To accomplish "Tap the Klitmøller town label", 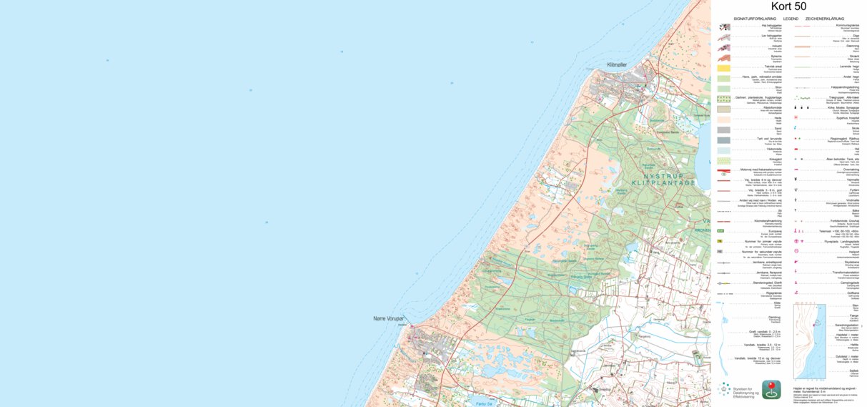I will pyautogui.click(x=616, y=65).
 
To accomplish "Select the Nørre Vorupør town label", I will pyautogui.click(x=389, y=318).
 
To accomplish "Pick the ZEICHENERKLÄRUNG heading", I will pyautogui.click(x=824, y=19).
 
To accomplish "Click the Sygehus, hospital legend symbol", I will pyautogui.click(x=796, y=119).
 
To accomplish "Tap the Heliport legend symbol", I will pyautogui.click(x=796, y=252).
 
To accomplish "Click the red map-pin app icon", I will pyautogui.click(x=771, y=389).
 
